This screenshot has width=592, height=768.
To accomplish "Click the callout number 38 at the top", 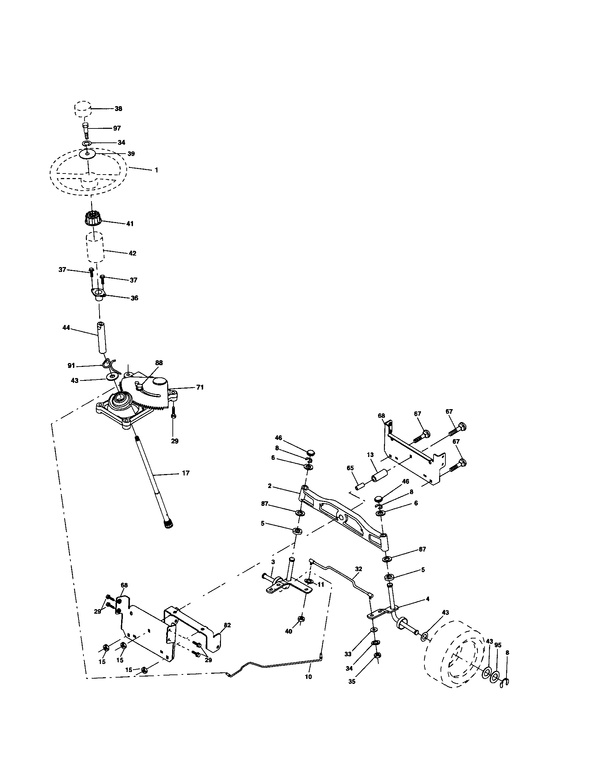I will tap(118, 109).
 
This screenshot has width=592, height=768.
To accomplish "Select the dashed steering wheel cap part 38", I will tap(83, 109).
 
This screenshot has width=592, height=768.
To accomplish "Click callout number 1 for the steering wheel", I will tap(156, 170).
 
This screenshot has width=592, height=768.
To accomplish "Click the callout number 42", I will tap(132, 253).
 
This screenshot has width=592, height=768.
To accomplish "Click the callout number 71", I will tap(200, 387).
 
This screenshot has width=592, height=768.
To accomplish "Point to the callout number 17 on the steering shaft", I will tap(186, 473).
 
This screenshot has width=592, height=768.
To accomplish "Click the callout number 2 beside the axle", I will tap(269, 486).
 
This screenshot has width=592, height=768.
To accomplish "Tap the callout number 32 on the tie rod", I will tap(358, 569).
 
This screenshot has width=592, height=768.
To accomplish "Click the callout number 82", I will tap(227, 625).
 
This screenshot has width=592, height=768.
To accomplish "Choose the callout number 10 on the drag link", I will tap(308, 677).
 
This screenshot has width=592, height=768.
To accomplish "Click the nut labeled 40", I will tap(301, 619).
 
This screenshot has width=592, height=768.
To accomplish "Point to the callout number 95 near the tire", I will tap(498, 645).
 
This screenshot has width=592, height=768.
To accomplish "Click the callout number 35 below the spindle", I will tap(352, 681).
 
